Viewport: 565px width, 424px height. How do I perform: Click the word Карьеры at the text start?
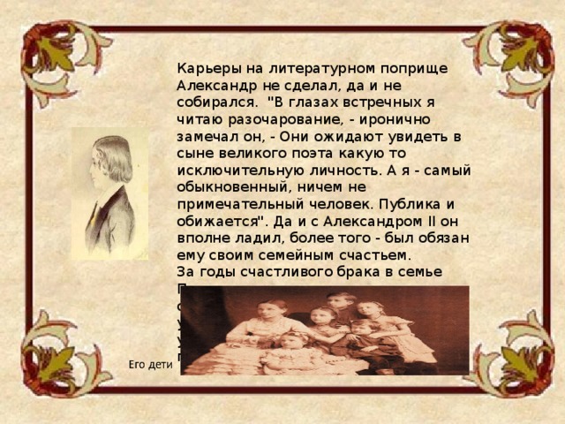point(204,68)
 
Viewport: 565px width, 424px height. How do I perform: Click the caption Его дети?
point(148,364)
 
